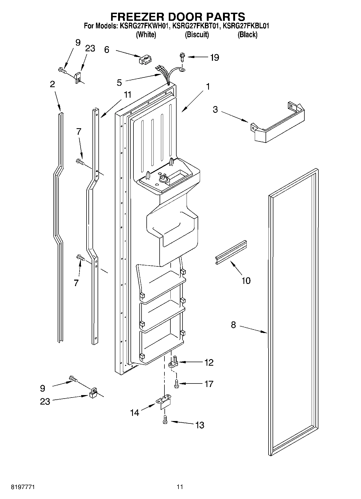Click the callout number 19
(x=215, y=57)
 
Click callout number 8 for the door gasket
(x=233, y=325)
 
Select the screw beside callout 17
(x=176, y=383)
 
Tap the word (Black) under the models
(x=247, y=35)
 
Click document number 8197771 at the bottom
(x=23, y=487)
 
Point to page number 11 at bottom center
(x=180, y=487)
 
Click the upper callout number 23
(x=90, y=49)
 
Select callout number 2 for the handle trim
(x=52, y=84)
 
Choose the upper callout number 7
(x=78, y=132)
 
